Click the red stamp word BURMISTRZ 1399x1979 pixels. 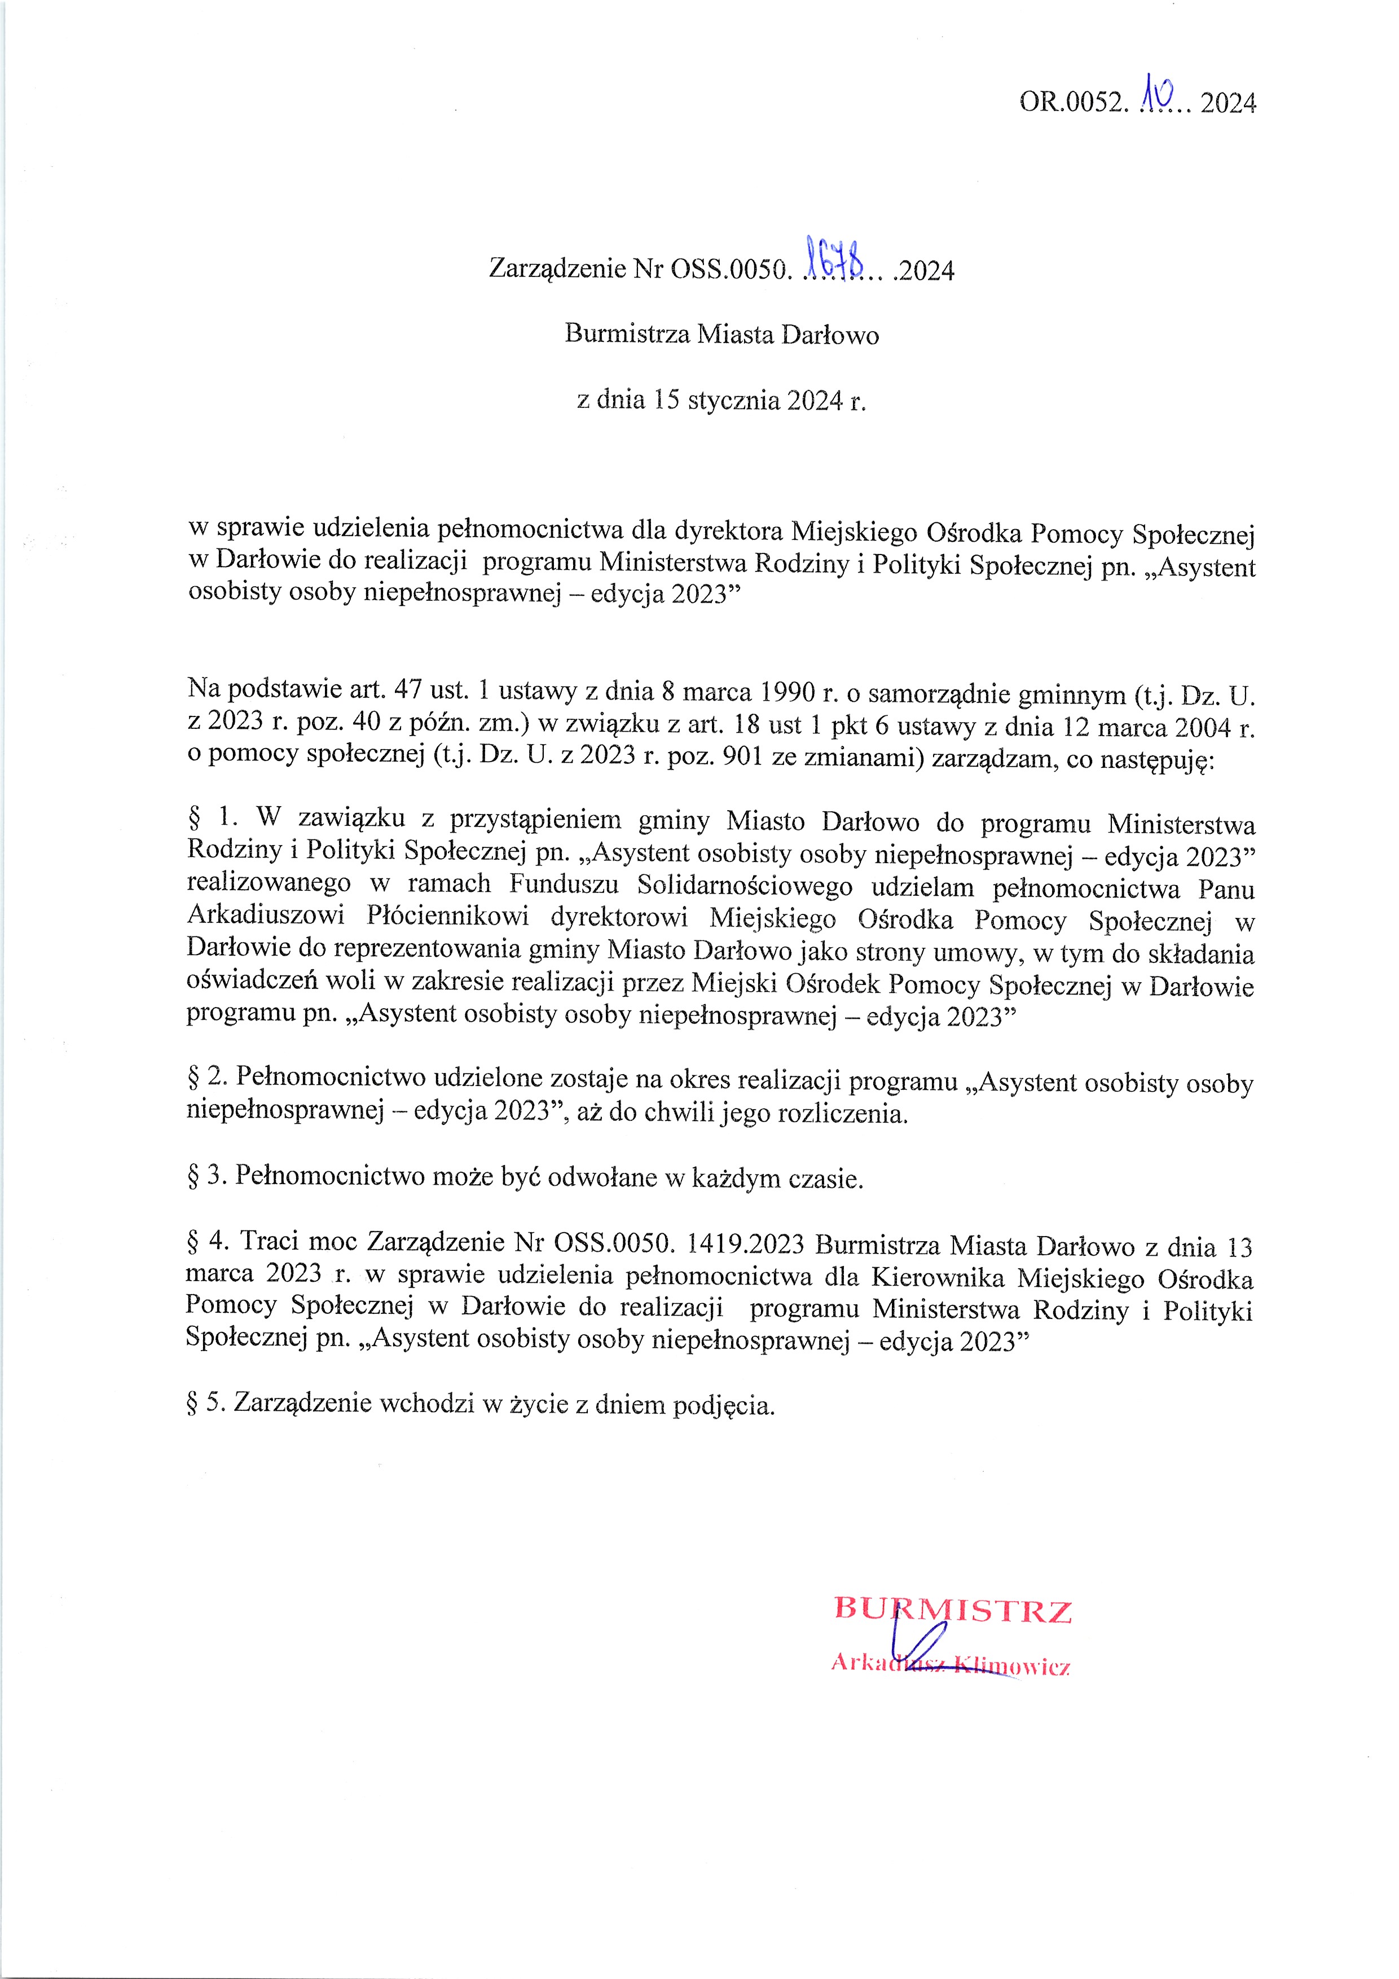click(952, 1610)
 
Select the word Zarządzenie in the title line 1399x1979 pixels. click(557, 269)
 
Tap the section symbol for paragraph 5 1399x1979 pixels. click(193, 1402)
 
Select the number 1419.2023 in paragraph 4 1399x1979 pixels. click(745, 1244)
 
